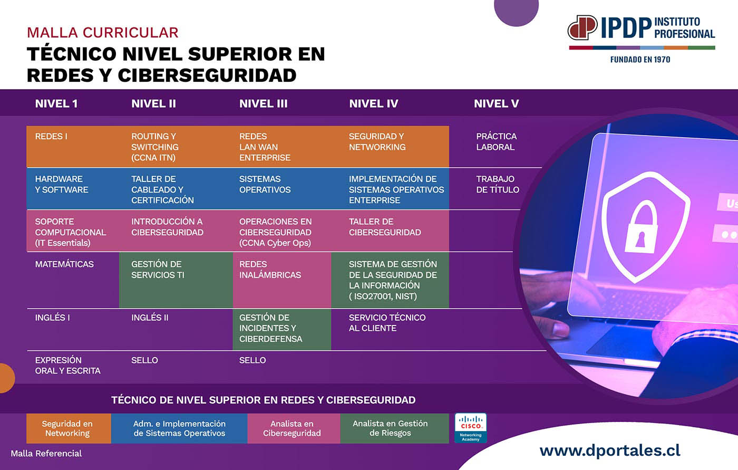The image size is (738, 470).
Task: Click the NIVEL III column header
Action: (x=263, y=103)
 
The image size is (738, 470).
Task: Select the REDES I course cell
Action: (x=73, y=147)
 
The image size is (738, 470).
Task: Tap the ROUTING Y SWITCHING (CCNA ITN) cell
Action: (x=176, y=147)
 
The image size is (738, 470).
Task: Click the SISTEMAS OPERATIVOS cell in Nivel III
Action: (x=282, y=189)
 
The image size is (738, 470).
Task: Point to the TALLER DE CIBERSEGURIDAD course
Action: (x=390, y=231)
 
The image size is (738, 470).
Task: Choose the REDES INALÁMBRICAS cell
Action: (x=282, y=280)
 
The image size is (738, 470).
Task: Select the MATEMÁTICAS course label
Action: (x=64, y=264)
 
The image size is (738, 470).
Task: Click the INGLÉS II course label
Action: (x=150, y=318)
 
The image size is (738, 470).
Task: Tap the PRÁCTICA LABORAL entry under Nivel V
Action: (x=496, y=142)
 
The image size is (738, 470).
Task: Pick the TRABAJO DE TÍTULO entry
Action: (x=498, y=184)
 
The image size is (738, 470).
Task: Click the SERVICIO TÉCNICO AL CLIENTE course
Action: (x=387, y=323)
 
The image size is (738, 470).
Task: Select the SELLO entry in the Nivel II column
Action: (x=144, y=360)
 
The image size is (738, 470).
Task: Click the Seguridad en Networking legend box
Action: (x=69, y=428)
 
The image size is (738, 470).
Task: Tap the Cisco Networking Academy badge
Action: (x=470, y=428)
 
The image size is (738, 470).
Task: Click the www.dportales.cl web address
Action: (x=610, y=451)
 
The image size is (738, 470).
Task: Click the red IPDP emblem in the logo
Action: (x=582, y=27)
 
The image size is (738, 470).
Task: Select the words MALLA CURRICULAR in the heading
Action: (x=102, y=33)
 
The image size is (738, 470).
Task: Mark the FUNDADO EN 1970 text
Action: (x=640, y=60)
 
